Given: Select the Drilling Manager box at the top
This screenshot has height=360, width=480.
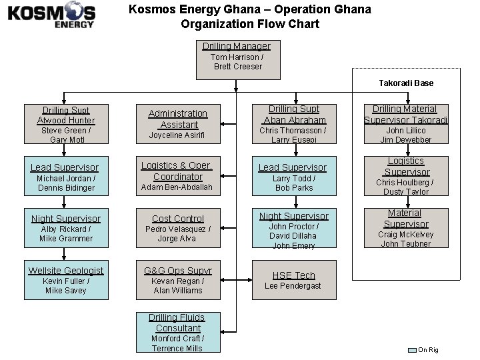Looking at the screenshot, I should [x=238, y=56].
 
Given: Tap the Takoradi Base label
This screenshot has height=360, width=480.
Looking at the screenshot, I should [x=405, y=83].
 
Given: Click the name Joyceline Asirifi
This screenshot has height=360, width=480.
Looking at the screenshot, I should [x=177, y=135].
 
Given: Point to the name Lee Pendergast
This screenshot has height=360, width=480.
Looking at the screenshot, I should [x=293, y=286].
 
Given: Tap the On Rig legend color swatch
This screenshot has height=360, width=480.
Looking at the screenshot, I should [x=412, y=350].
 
